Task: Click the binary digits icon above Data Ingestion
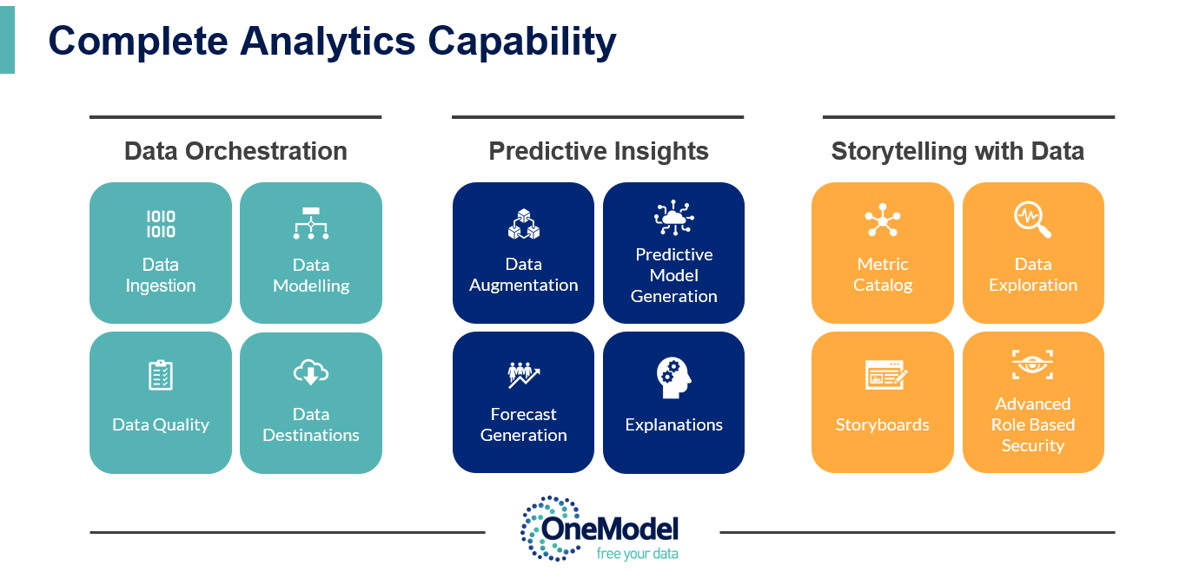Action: point(160,224)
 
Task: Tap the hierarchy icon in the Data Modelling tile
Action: point(310,223)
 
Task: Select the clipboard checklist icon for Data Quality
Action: point(161,375)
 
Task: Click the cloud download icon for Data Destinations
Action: point(310,373)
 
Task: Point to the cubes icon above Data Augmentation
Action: point(523,224)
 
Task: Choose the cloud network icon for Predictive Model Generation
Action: point(673,218)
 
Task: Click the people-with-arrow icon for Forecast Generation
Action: point(523,375)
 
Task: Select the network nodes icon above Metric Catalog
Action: point(882,222)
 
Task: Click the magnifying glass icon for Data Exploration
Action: point(1032,220)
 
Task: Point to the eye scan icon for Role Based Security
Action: point(1032,365)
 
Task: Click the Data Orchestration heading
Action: point(235,151)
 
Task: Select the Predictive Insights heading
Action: point(599,151)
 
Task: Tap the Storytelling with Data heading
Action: point(957,151)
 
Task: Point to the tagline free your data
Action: point(637,554)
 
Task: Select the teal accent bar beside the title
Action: point(7,36)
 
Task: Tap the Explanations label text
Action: point(673,424)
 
